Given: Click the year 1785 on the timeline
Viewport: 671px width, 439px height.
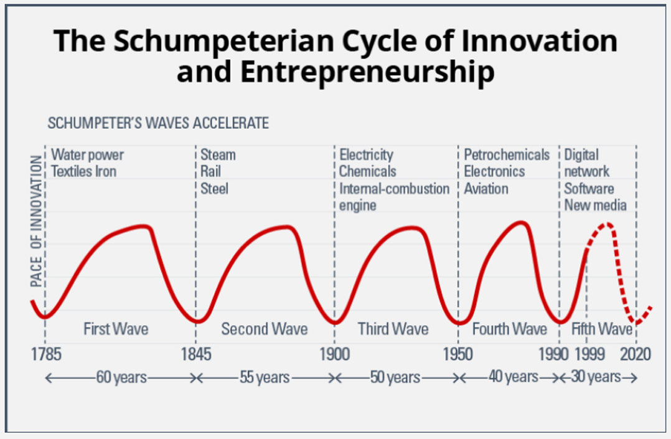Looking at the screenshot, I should [x=46, y=355].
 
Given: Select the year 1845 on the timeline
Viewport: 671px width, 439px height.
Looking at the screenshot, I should [x=196, y=355].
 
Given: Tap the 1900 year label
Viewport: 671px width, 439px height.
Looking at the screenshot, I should [x=334, y=355].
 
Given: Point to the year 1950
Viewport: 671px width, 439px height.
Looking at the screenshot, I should [x=458, y=355].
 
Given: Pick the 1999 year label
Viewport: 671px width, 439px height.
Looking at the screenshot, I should [x=587, y=355].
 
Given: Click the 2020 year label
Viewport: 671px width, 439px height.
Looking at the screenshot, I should [x=635, y=355].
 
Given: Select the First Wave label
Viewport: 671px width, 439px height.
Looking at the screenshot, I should [x=116, y=328].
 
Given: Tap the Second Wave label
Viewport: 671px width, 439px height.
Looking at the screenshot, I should [x=265, y=328].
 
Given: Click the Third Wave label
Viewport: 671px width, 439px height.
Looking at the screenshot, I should [x=393, y=328].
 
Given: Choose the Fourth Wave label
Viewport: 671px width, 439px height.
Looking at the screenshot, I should [x=510, y=328].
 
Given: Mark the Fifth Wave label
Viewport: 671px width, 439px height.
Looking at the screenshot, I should [x=602, y=328].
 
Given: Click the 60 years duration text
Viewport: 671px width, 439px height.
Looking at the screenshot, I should [x=121, y=377].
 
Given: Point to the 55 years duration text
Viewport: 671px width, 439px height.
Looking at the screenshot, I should [x=265, y=377].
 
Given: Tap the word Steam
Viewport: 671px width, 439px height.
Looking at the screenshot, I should [x=218, y=154].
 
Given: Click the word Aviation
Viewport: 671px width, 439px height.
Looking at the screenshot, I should [x=486, y=188].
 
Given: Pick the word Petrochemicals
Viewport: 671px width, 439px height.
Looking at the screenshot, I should [x=507, y=154].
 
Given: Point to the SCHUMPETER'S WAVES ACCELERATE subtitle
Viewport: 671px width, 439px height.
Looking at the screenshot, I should [x=158, y=123].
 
